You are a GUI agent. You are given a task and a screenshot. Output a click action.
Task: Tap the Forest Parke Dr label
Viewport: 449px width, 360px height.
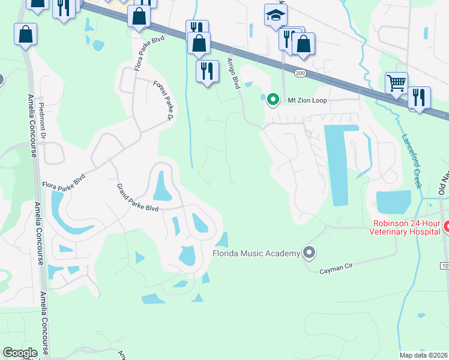tap(163, 99)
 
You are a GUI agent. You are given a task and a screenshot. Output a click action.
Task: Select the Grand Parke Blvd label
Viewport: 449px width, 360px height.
tap(137, 197)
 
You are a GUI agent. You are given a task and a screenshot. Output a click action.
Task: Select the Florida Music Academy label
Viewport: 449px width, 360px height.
tap(256, 253)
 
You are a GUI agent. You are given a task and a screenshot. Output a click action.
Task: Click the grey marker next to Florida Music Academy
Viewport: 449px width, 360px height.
tap(309, 253)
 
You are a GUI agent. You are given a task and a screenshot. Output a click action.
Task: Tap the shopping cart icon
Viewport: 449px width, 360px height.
tap(396, 83)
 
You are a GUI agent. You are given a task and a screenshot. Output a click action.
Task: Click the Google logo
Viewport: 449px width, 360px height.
tap(20, 353)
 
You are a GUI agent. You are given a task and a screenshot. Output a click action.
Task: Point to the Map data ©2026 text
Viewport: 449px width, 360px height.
tap(423, 355)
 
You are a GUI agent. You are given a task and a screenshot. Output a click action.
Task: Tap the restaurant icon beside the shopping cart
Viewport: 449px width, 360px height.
tap(419, 97)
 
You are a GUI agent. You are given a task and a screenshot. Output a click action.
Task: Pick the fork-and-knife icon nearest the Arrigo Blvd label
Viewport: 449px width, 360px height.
tap(208, 71)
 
